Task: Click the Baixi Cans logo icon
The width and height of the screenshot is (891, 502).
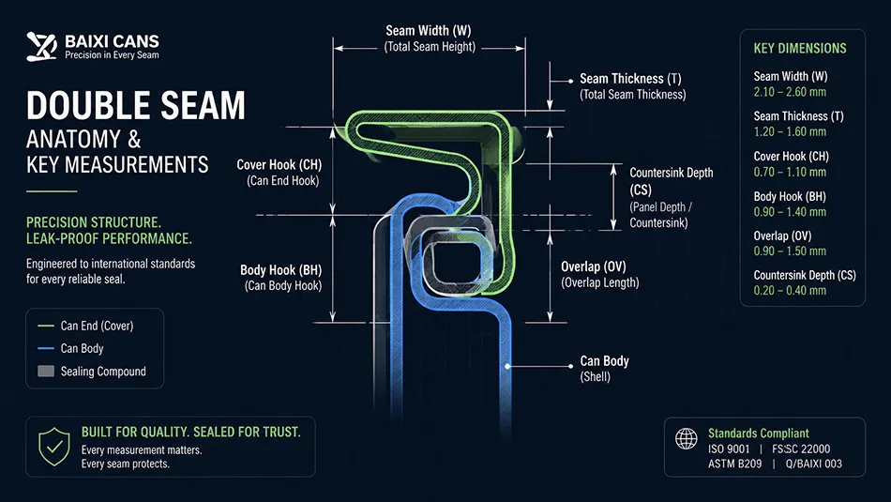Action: click(x=41, y=47)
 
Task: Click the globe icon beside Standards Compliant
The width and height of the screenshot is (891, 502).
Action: click(x=686, y=439)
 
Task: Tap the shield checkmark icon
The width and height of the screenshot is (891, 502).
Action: click(x=54, y=447)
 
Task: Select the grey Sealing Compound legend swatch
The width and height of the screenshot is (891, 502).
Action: click(x=46, y=372)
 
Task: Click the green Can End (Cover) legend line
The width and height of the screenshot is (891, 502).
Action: click(x=45, y=326)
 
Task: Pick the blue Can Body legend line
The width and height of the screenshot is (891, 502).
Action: click(x=45, y=348)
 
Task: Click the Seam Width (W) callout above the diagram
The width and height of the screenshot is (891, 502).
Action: click(x=429, y=38)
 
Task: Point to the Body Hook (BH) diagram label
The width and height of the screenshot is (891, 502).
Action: click(x=280, y=278)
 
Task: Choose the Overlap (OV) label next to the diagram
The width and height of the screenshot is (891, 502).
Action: click(x=599, y=275)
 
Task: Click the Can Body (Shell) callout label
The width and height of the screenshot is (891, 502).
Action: click(x=604, y=369)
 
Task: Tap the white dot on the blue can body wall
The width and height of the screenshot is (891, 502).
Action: click(x=508, y=366)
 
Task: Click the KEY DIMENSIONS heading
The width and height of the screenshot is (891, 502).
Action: click(x=800, y=49)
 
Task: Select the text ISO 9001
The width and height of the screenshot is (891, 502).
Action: click(x=729, y=449)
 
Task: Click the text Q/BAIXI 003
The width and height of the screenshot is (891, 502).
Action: click(x=814, y=464)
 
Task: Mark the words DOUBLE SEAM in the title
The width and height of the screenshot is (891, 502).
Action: click(x=136, y=106)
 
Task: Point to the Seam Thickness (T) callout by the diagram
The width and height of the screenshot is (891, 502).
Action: click(x=632, y=86)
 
